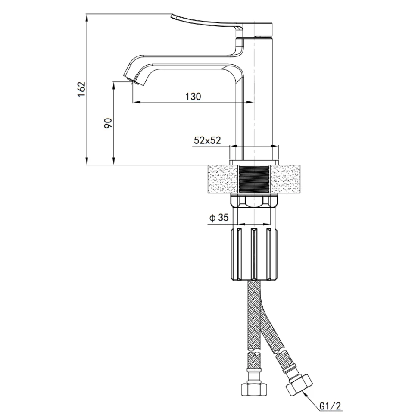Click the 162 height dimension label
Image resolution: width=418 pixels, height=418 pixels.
point(81,89)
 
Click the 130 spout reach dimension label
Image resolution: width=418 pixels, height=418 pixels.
point(193,96)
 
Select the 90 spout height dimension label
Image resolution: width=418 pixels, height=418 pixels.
point(108,123)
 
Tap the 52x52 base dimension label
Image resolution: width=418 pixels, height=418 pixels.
point(207,140)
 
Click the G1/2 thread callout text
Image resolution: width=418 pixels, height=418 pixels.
point(330,406)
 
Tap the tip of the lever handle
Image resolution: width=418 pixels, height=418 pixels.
point(172,16)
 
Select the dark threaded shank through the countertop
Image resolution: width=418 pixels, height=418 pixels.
point(254,179)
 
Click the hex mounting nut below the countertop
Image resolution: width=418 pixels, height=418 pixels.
point(254,201)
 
